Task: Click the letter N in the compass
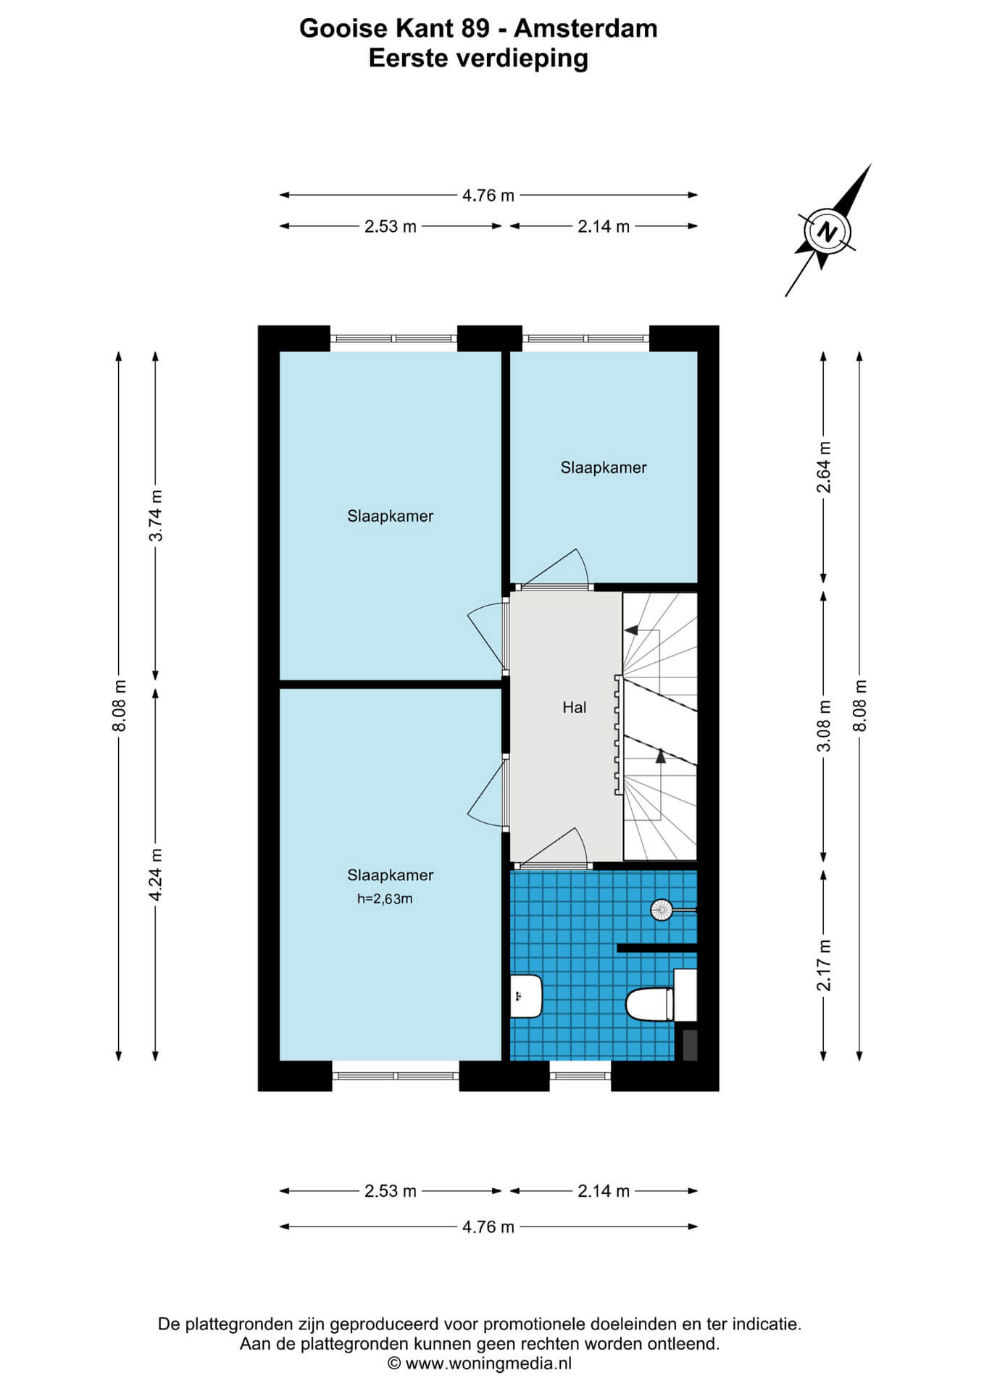pyautogui.click(x=825, y=233)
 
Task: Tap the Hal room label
pyautogui.click(x=575, y=707)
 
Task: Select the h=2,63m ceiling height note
pyautogui.click(x=385, y=899)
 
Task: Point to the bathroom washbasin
pyautogui.click(x=527, y=995)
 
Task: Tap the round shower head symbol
pyautogui.click(x=662, y=909)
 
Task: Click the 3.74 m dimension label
pyautogui.click(x=156, y=515)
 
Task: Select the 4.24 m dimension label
pyautogui.click(x=156, y=874)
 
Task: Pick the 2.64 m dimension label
pyautogui.click(x=824, y=467)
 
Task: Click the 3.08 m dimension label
pyautogui.click(x=824, y=725)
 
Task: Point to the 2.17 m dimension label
pyautogui.click(x=824, y=965)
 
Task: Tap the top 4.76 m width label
pyautogui.click(x=488, y=195)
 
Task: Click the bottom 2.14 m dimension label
pyautogui.click(x=604, y=1190)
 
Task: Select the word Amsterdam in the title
pyautogui.click(x=585, y=28)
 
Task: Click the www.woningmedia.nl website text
pyautogui.click(x=488, y=1363)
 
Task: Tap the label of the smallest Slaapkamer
pyautogui.click(x=604, y=467)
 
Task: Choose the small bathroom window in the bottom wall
pyautogui.click(x=580, y=1076)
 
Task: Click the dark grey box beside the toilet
pyautogui.click(x=690, y=1045)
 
